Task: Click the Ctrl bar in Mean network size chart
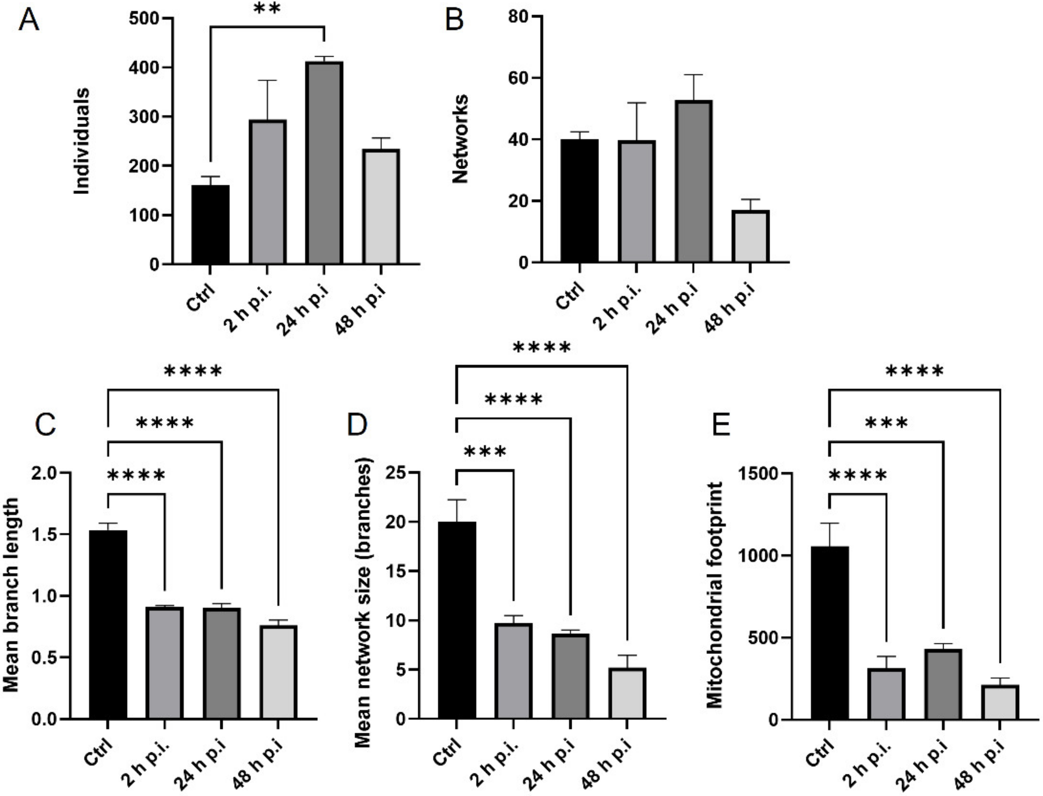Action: point(456,621)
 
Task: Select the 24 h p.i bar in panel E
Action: point(943,684)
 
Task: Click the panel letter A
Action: point(28,21)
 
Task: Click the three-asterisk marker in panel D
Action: point(485,452)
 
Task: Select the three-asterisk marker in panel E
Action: point(886,423)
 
